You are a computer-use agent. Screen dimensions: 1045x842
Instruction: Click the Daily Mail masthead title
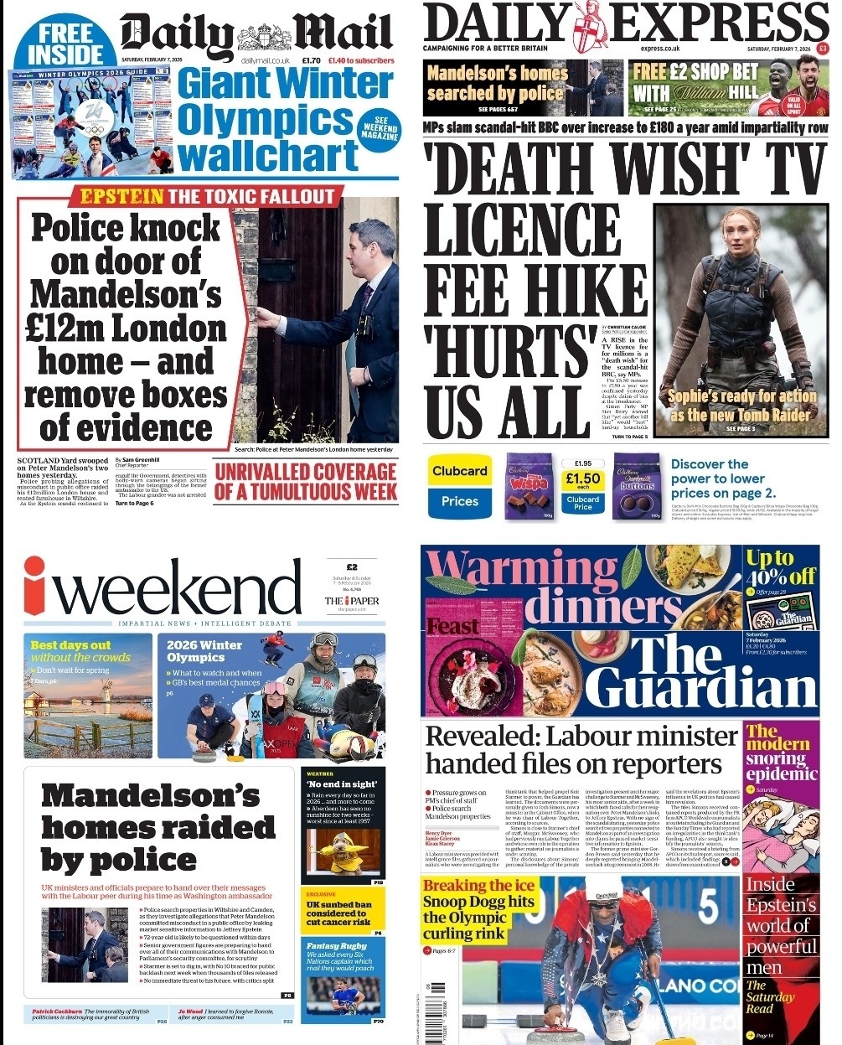pyautogui.click(x=256, y=35)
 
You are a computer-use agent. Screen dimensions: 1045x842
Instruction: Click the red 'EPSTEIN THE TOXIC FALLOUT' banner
pyautogui.click(x=207, y=198)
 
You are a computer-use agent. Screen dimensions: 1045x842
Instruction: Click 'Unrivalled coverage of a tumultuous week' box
pyautogui.click(x=305, y=482)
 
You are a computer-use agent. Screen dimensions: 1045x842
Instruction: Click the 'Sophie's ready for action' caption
pyautogui.click(x=741, y=405)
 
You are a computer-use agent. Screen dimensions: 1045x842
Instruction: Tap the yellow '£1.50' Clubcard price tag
pyautogui.click(x=582, y=479)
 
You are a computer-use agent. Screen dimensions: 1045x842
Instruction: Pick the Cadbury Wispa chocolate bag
pyautogui.click(x=529, y=485)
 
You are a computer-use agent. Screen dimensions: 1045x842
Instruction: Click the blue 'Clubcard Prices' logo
pyautogui.click(x=459, y=486)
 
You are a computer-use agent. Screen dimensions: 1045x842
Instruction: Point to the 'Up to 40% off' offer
pyautogui.click(x=779, y=567)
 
